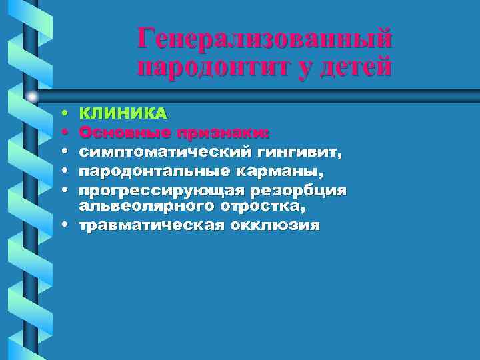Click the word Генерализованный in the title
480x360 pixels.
(x=265, y=38)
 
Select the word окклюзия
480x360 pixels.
(x=274, y=225)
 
